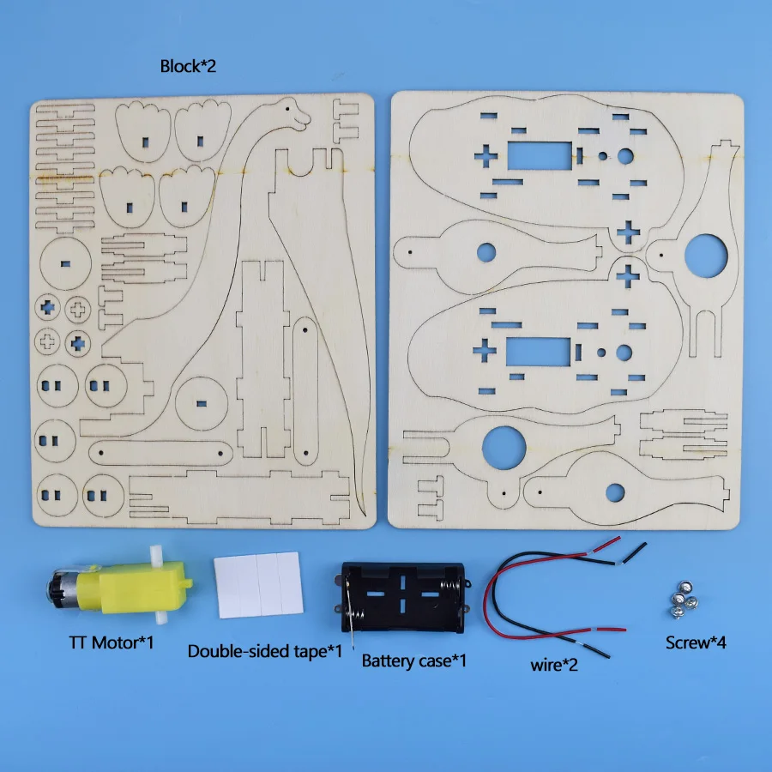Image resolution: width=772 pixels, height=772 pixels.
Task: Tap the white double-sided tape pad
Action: tap(258, 583)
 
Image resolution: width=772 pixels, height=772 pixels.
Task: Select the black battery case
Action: tap(403, 596)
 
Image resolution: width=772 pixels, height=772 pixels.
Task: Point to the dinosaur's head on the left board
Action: tap(293, 112)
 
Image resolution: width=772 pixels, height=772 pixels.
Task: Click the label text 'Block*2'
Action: tap(188, 66)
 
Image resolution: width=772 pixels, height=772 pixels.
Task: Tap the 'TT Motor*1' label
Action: tap(112, 642)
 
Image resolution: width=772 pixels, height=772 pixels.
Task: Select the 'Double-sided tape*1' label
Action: tap(265, 652)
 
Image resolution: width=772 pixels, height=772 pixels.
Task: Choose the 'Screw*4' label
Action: tap(696, 642)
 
